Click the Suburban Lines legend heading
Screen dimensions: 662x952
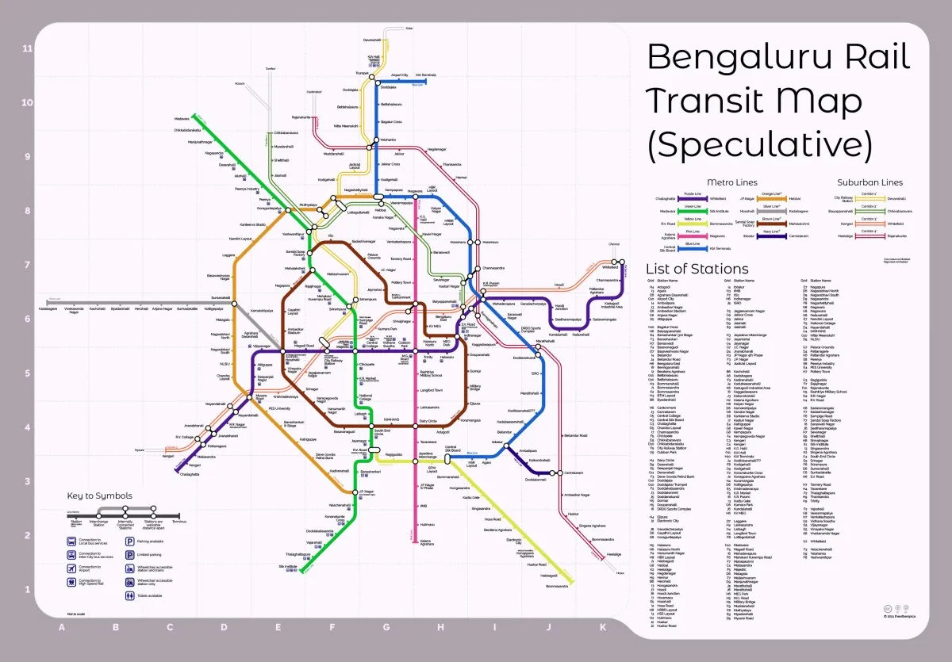pyautogui.click(x=869, y=182)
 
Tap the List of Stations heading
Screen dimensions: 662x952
pyautogui.click(x=697, y=268)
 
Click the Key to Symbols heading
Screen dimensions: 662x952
pyautogui.click(x=99, y=496)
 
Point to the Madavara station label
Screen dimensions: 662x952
pyautogui.click(x=182, y=119)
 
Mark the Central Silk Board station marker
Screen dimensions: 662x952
pyautogui.click(x=447, y=458)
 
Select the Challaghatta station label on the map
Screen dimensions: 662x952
pyautogui.click(x=190, y=474)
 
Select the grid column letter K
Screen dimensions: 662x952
pyautogui.click(x=601, y=628)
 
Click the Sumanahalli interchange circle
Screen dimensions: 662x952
pyautogui.click(x=234, y=303)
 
